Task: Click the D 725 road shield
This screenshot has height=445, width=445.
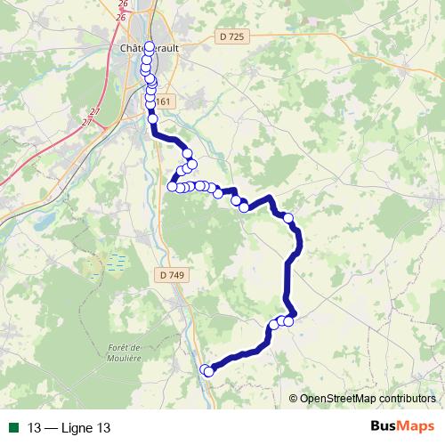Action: click(229, 36)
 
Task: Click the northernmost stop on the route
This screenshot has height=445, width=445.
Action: click(149, 46)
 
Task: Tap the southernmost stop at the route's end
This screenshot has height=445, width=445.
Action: click(209, 372)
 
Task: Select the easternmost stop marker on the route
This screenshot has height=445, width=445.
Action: click(287, 217)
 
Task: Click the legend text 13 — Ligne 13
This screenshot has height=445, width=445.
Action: click(69, 428)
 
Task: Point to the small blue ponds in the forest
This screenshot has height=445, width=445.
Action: click(115, 263)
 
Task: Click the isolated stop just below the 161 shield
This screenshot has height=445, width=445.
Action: click(152, 118)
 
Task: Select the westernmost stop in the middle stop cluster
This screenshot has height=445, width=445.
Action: click(173, 187)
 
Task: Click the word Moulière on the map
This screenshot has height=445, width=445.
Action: click(124, 358)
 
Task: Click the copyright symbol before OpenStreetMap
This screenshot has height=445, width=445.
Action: click(294, 400)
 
